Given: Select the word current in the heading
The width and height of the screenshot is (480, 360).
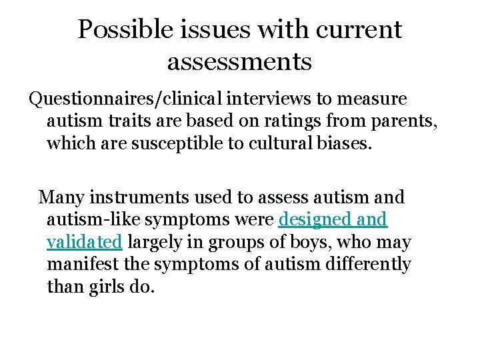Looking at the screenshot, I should [x=362, y=29].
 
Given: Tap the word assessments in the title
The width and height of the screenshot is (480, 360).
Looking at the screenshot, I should [x=239, y=61].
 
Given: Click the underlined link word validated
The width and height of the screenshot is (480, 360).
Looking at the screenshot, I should [x=85, y=242].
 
